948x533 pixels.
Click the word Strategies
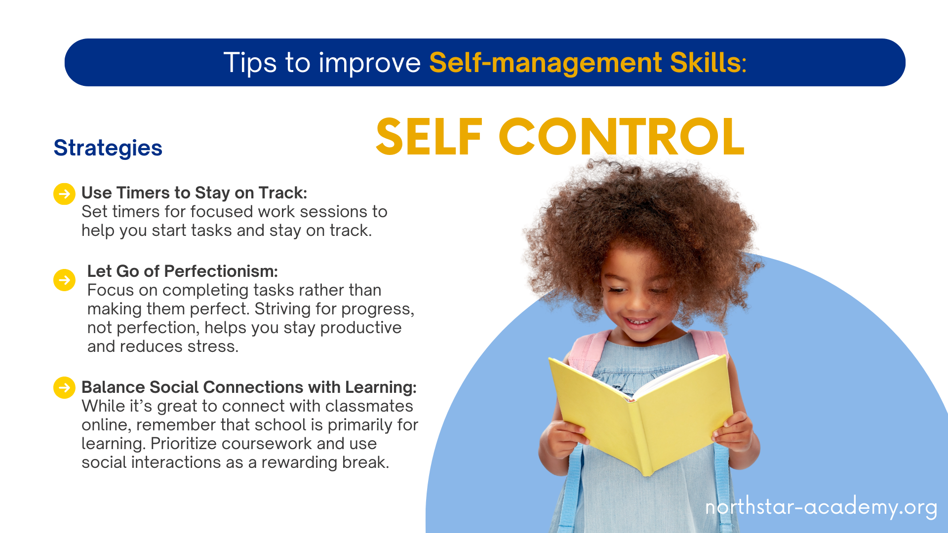pyautogui.click(x=108, y=148)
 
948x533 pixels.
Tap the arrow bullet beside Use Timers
pyautogui.click(x=64, y=194)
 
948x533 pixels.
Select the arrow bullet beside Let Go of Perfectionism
pyautogui.click(x=64, y=280)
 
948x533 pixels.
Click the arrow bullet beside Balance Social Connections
pyautogui.click(x=64, y=388)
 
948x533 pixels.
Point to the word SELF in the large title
pyautogui.click(x=429, y=137)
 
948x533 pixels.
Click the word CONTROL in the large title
pyautogui.click(x=621, y=137)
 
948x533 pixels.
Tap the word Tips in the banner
pyautogui.click(x=250, y=63)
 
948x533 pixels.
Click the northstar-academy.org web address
pyautogui.click(x=821, y=507)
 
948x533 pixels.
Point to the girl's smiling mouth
pyautogui.click(x=639, y=322)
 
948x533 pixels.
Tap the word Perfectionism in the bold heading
pyautogui.click(x=221, y=271)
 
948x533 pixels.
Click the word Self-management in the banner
pyautogui.click(x=546, y=63)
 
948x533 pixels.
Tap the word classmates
pyautogui.click(x=369, y=406)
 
